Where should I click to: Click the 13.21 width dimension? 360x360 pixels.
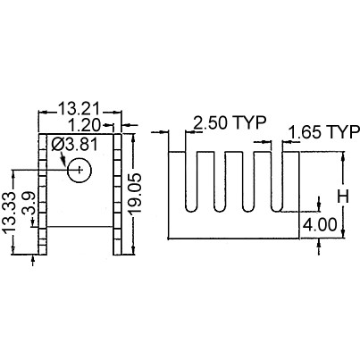coord(79,109)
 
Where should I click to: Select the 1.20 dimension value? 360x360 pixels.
coord(85,125)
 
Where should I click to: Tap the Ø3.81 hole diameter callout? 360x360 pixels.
coord(74,145)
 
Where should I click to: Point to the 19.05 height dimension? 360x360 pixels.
coord(135,194)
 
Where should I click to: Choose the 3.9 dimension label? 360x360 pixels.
coord(30,205)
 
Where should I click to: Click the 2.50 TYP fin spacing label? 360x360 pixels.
coord(229,122)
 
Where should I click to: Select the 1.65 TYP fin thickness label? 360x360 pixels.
coord(324,132)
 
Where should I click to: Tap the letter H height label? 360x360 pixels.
coord(343,197)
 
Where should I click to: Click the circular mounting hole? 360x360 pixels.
coord(80,170)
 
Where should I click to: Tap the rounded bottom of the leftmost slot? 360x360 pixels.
coord(191,210)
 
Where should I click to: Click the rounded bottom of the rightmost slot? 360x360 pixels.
coord(277,210)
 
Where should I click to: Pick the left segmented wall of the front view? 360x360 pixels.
coord(43,194)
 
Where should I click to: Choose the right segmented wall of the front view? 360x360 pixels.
coord(117,194)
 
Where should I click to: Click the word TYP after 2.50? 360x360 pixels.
coord(249,122)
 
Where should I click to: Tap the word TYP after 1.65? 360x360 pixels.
coord(344,132)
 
